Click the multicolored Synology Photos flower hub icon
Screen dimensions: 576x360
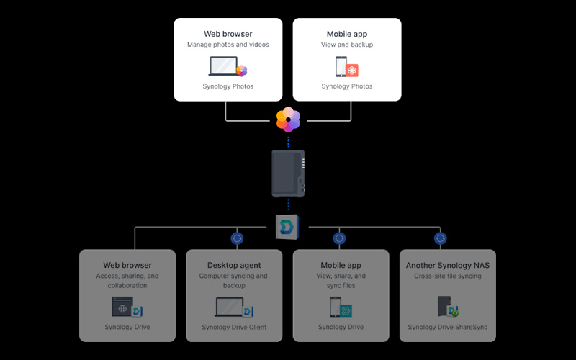pyautogui.click(x=289, y=120)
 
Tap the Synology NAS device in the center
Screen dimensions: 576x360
pyautogui.click(x=288, y=174)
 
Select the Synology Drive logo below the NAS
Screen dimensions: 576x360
pyautogui.click(x=288, y=227)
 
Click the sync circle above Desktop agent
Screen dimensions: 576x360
pyautogui.click(x=237, y=238)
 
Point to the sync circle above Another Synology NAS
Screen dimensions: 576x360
pyautogui.click(x=440, y=238)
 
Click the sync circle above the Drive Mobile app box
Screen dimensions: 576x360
pyautogui.click(x=339, y=238)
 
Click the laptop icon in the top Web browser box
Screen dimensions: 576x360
pyautogui.click(x=223, y=66)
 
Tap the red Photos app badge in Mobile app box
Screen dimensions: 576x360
pyautogui.click(x=351, y=71)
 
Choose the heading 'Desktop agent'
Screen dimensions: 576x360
pyautogui.click(x=234, y=265)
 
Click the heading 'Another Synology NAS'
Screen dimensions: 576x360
pyautogui.click(x=447, y=265)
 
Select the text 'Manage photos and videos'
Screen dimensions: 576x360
pyautogui.click(x=228, y=45)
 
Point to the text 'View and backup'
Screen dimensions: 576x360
pyautogui.click(x=347, y=45)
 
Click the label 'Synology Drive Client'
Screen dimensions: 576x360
pyautogui.click(x=234, y=328)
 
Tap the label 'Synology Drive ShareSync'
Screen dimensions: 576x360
pyautogui.click(x=447, y=328)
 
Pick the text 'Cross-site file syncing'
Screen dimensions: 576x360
pyautogui.click(x=447, y=276)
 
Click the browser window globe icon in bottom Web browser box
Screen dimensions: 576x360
pyautogui.click(x=122, y=307)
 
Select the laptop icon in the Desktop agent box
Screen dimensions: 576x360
pyautogui.click(x=229, y=307)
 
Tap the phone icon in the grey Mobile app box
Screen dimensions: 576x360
pyautogui.click(x=335, y=307)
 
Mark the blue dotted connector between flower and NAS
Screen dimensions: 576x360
pyautogui.click(x=288, y=142)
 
